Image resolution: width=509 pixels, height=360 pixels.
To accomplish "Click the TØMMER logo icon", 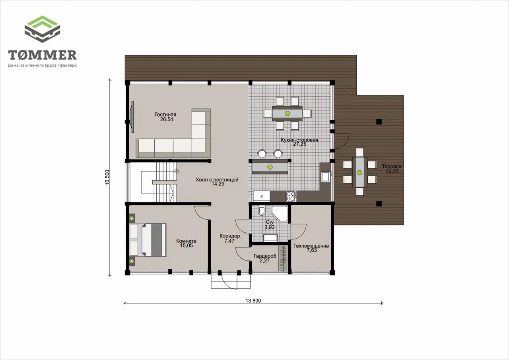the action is [x=42, y=29].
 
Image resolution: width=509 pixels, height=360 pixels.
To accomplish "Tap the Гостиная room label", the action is [x=165, y=115].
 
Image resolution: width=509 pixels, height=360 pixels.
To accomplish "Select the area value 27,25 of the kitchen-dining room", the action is [x=299, y=144].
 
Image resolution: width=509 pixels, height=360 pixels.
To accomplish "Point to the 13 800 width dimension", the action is [x=253, y=301].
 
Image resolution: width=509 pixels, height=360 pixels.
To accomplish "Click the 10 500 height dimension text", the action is [x=107, y=177].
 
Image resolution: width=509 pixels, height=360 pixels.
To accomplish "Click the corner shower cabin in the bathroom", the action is [x=279, y=213].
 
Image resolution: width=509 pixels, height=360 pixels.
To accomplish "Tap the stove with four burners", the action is [x=291, y=196].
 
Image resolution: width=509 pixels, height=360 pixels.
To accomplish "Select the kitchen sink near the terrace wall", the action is [x=326, y=176].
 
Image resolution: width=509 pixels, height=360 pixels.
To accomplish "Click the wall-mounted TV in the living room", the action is [x=132, y=117].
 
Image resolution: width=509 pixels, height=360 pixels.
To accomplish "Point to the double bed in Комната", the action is [x=148, y=240].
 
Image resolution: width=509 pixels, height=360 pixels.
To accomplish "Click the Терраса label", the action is [x=392, y=166].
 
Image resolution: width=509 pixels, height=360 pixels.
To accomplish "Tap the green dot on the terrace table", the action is [x=359, y=173].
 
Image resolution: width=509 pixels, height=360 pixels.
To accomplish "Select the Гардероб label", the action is [x=265, y=256].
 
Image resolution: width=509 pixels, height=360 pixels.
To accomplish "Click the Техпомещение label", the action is [x=311, y=246].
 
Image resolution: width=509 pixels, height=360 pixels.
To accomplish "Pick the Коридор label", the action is [x=230, y=236].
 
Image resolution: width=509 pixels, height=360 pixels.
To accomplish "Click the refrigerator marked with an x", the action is [x=262, y=196].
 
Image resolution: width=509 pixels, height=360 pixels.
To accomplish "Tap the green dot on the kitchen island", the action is [x=270, y=167].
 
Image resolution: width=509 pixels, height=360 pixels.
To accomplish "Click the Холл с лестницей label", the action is [x=217, y=180].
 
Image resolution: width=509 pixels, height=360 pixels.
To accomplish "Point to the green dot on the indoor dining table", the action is [x=288, y=113].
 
